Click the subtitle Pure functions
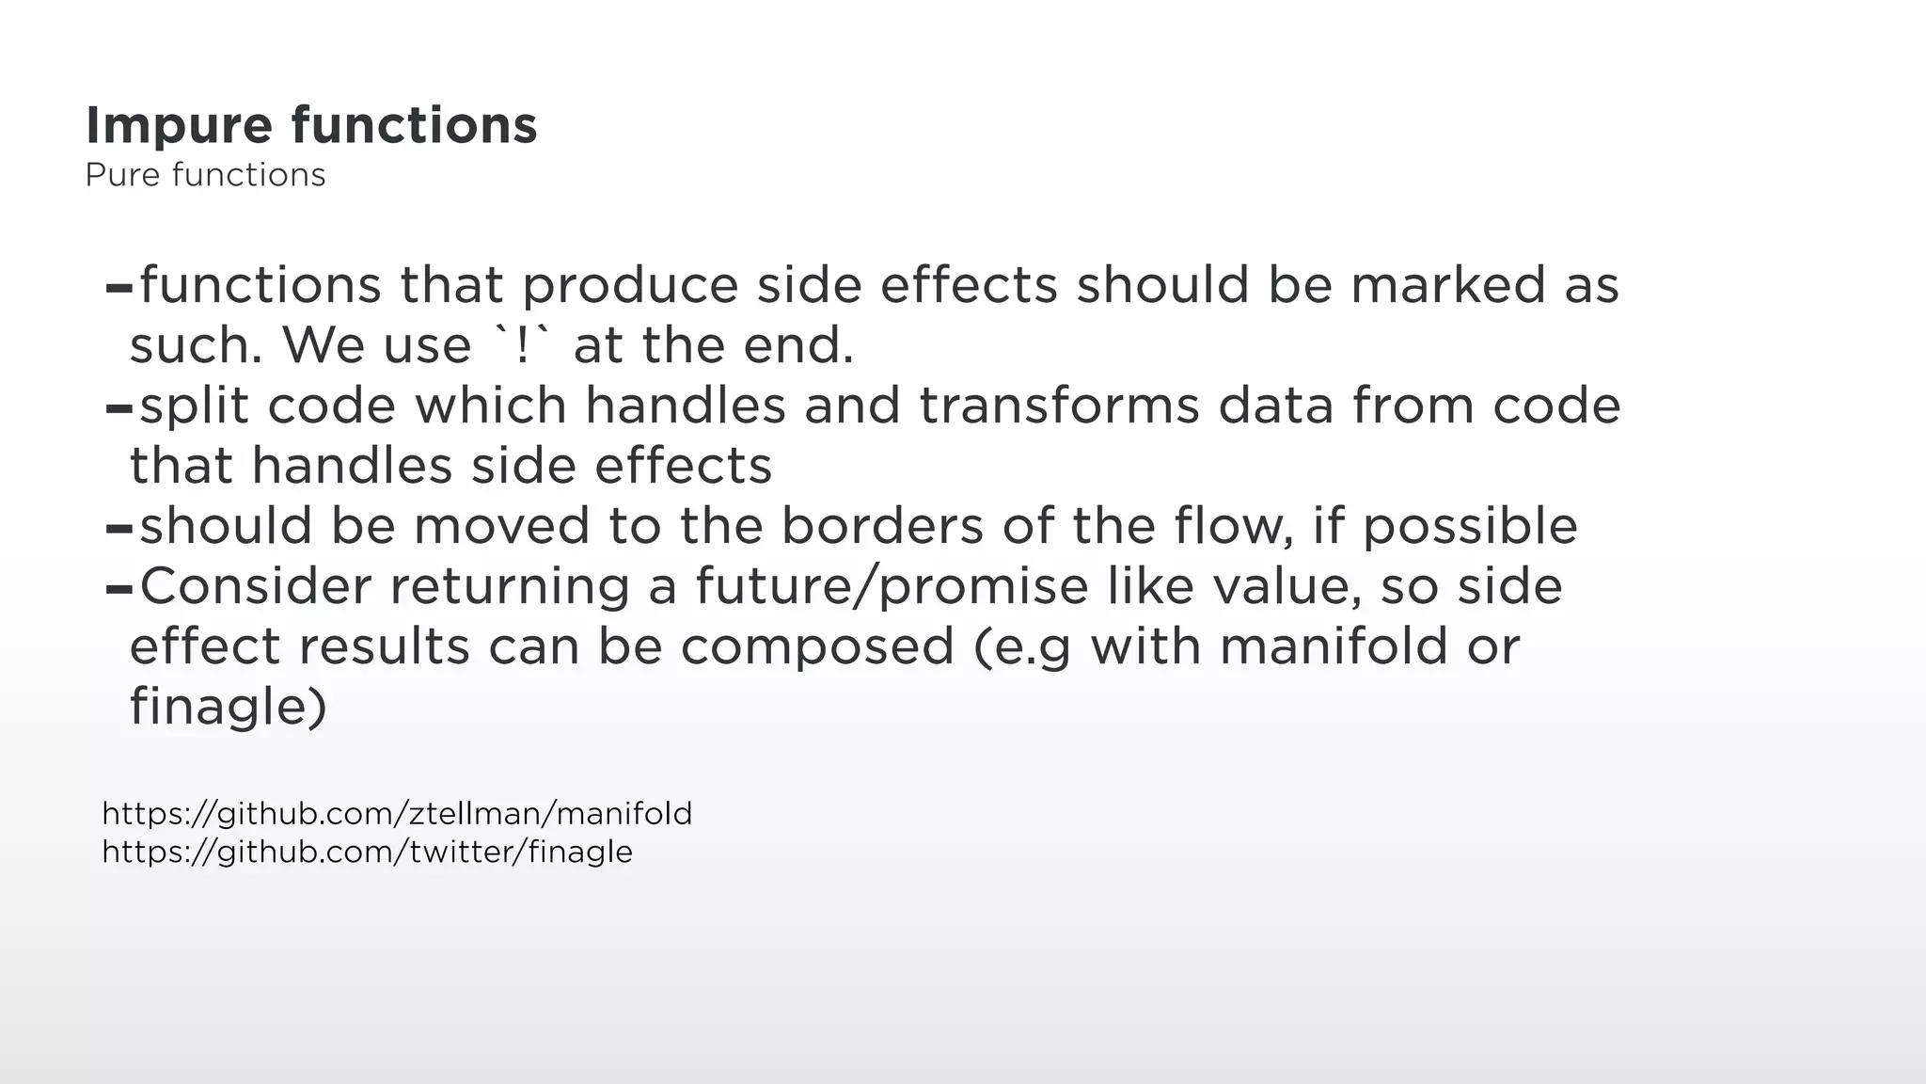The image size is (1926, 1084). (205, 175)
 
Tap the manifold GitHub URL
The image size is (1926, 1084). (396, 813)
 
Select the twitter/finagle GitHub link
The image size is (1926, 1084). (367, 852)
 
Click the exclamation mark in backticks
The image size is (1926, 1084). (522, 345)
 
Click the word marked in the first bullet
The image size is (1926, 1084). (1448, 285)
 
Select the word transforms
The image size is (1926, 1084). (1059, 406)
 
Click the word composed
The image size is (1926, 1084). (816, 646)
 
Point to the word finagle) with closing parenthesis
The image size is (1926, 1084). (229, 707)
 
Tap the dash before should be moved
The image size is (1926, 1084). (118, 529)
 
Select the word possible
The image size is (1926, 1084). (1470, 526)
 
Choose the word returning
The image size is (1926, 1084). (509, 586)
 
